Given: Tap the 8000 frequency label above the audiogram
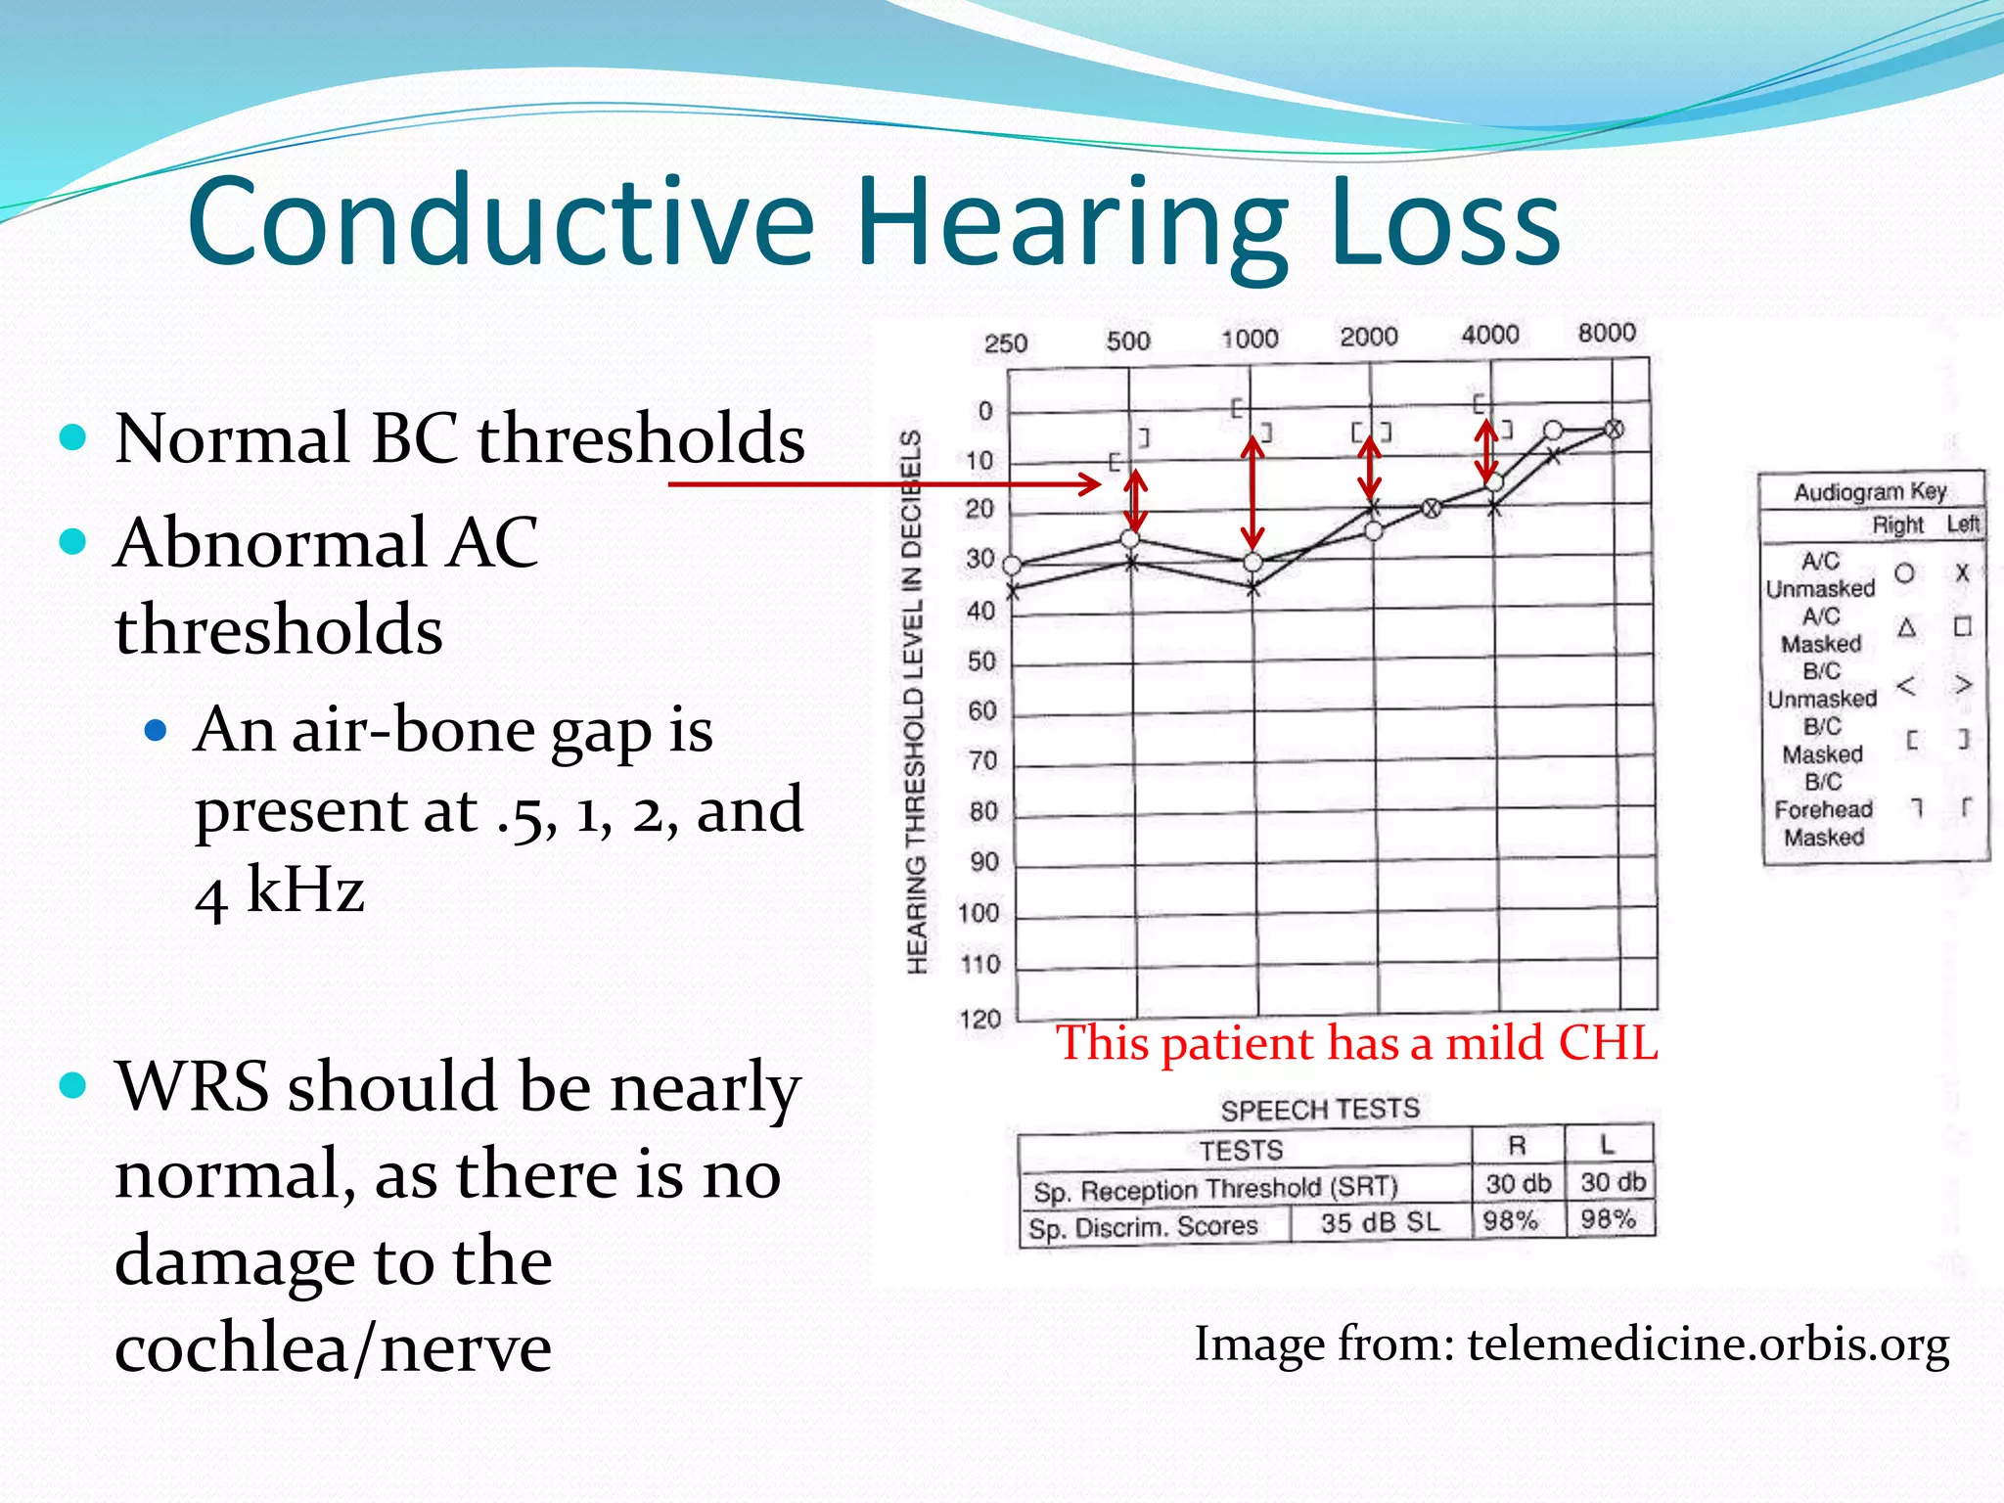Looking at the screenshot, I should click(1606, 333).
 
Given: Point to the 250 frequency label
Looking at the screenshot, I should click(1005, 343).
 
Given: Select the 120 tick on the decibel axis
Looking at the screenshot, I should click(979, 1020).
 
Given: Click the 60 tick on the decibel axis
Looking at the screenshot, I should click(981, 711).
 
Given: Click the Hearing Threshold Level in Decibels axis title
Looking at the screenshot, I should click(914, 701).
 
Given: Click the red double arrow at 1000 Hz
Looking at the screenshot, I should click(1252, 493).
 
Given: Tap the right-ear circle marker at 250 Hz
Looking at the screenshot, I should click(1013, 566).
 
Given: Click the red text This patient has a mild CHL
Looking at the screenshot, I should click(1356, 1043).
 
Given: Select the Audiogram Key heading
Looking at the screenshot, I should click(1870, 491).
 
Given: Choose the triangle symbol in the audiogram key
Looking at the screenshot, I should click(1906, 628).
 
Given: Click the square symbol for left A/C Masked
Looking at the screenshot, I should click(1962, 626).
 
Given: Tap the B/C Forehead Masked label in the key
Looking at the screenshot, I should click(1823, 809).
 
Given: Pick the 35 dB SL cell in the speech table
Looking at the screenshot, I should click(1380, 1222).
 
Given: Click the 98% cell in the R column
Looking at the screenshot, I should click(1511, 1221).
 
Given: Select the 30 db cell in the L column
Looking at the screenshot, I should click(1612, 1182).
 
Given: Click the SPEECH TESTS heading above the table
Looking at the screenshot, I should click(1319, 1110).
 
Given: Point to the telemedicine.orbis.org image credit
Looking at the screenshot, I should click(1571, 1344).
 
